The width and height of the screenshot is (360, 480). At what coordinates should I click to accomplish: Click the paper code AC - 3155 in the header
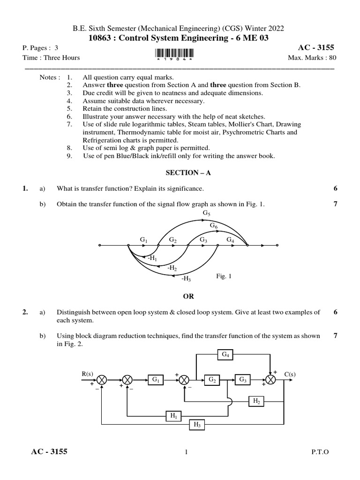pos(317,48)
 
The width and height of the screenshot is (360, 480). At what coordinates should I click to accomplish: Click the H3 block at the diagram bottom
pos(196,425)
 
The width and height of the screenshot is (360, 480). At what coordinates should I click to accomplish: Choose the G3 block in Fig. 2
pos(243,380)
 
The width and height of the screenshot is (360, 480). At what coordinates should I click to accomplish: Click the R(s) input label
pos(87,373)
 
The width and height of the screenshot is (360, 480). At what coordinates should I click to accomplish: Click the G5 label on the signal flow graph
pos(207,213)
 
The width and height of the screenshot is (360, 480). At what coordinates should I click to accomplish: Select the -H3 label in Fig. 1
pos(186,278)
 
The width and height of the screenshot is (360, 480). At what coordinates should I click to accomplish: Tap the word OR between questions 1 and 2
pos(187,297)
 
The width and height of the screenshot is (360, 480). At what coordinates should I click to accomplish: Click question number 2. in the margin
pos(25,312)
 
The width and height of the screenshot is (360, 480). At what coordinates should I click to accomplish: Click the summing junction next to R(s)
pos(102,380)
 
